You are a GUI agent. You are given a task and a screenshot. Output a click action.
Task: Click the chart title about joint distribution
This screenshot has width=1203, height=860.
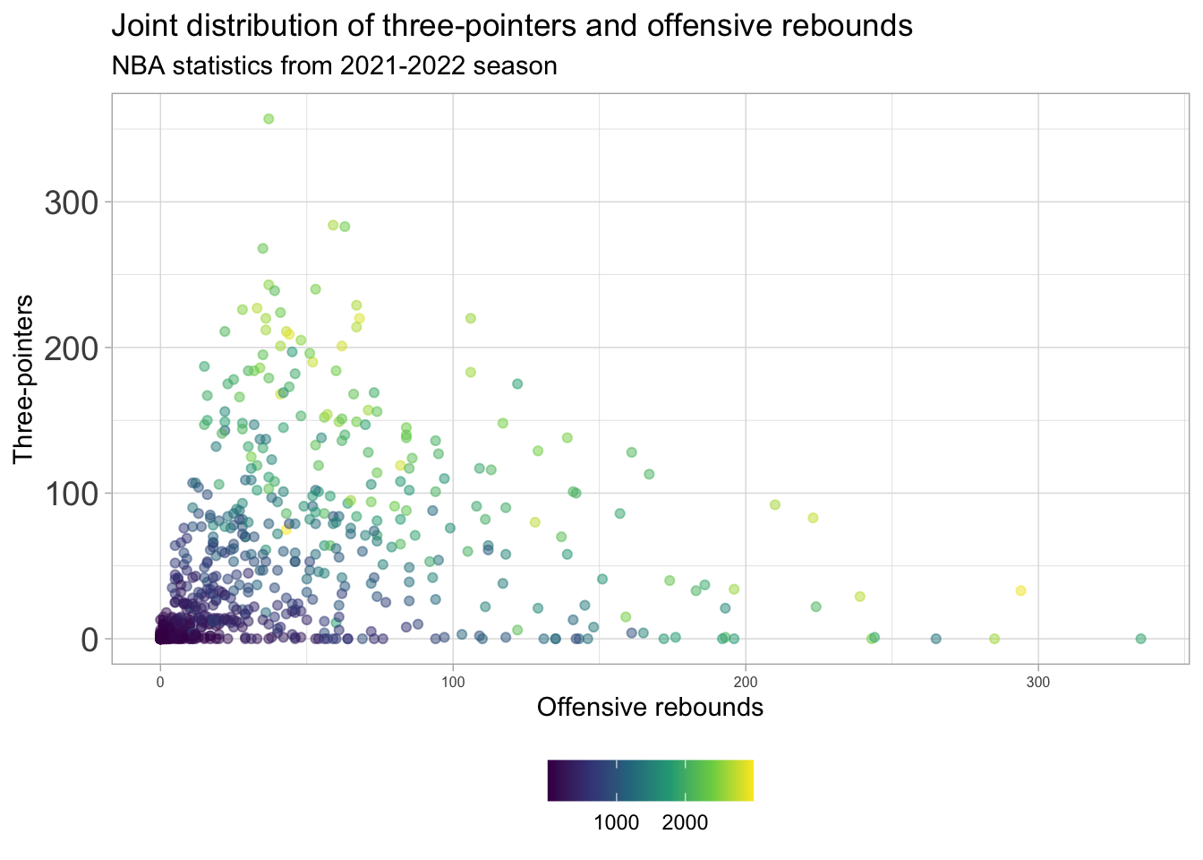511,26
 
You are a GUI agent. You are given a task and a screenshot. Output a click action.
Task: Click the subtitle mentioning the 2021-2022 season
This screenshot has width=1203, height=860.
334,66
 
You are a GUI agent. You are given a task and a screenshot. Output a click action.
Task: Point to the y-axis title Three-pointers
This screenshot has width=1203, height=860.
24,379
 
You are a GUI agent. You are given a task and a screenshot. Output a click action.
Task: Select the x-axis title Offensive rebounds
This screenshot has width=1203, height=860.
650,708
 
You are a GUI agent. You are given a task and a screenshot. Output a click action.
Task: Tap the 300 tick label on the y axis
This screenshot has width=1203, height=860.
71,202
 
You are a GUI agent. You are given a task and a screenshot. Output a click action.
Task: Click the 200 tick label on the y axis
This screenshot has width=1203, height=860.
71,348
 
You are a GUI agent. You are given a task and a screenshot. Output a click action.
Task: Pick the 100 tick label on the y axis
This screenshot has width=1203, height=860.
71,494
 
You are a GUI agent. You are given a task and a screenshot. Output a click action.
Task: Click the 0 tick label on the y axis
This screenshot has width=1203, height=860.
88,640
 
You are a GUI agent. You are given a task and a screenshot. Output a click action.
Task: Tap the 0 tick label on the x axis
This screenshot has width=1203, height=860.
160,683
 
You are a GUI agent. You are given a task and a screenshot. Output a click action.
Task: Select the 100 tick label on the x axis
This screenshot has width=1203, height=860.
453,683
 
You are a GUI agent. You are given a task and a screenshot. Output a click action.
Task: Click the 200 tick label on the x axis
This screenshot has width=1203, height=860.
746,683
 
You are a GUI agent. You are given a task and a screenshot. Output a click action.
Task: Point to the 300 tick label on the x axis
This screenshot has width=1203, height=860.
1038,683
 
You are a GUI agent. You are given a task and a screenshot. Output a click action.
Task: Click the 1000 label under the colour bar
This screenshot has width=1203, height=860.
617,822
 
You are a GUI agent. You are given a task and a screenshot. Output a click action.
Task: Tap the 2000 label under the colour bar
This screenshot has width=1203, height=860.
686,822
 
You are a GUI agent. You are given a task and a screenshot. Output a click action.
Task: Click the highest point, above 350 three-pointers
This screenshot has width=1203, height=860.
269,119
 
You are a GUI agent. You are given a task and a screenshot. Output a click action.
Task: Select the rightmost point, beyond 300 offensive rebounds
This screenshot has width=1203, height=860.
1140,639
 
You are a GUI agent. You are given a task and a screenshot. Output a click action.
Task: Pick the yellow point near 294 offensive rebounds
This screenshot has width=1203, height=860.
1020,590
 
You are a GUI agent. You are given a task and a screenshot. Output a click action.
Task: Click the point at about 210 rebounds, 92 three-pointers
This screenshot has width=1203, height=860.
775,504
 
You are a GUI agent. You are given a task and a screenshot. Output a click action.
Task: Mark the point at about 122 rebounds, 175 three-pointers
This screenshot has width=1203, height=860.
517,383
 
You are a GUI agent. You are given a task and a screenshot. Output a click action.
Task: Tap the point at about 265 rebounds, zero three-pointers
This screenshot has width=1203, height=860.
935,639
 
